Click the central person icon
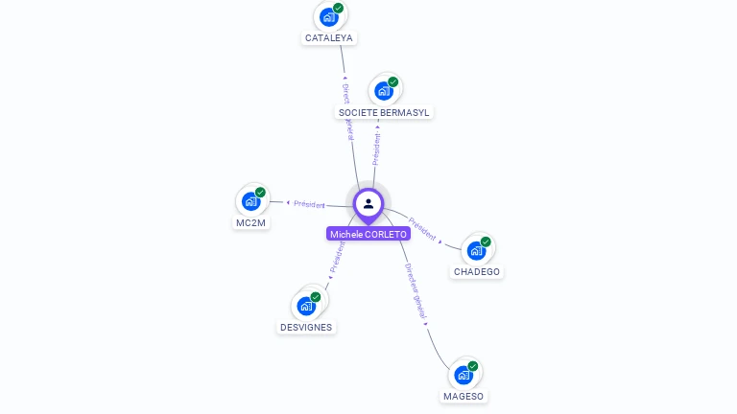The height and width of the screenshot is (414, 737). [x=368, y=203]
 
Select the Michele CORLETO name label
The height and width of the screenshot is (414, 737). [x=368, y=234]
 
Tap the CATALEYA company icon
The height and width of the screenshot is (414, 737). [x=328, y=17]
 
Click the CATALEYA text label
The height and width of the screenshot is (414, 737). [x=329, y=38]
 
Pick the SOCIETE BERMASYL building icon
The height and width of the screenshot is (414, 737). [x=384, y=91]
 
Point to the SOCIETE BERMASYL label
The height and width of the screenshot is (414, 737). [x=384, y=112]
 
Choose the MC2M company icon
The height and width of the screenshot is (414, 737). [x=250, y=201]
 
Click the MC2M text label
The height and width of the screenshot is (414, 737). [x=250, y=222]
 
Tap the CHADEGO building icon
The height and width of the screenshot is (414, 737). [x=476, y=251]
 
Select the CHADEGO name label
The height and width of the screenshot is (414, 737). [x=477, y=272]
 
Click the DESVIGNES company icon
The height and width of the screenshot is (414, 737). [x=306, y=306]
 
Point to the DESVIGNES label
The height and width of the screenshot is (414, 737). [x=306, y=327]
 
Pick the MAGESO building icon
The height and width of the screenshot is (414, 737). [x=464, y=375]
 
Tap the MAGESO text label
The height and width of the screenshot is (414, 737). [x=464, y=396]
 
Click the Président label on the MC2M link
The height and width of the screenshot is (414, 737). [x=310, y=203]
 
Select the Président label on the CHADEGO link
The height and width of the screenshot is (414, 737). [x=422, y=229]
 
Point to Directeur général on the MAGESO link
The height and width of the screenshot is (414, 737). [x=416, y=290]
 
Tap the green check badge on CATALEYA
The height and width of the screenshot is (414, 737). [x=338, y=8]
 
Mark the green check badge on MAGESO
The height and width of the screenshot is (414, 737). [x=473, y=365]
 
